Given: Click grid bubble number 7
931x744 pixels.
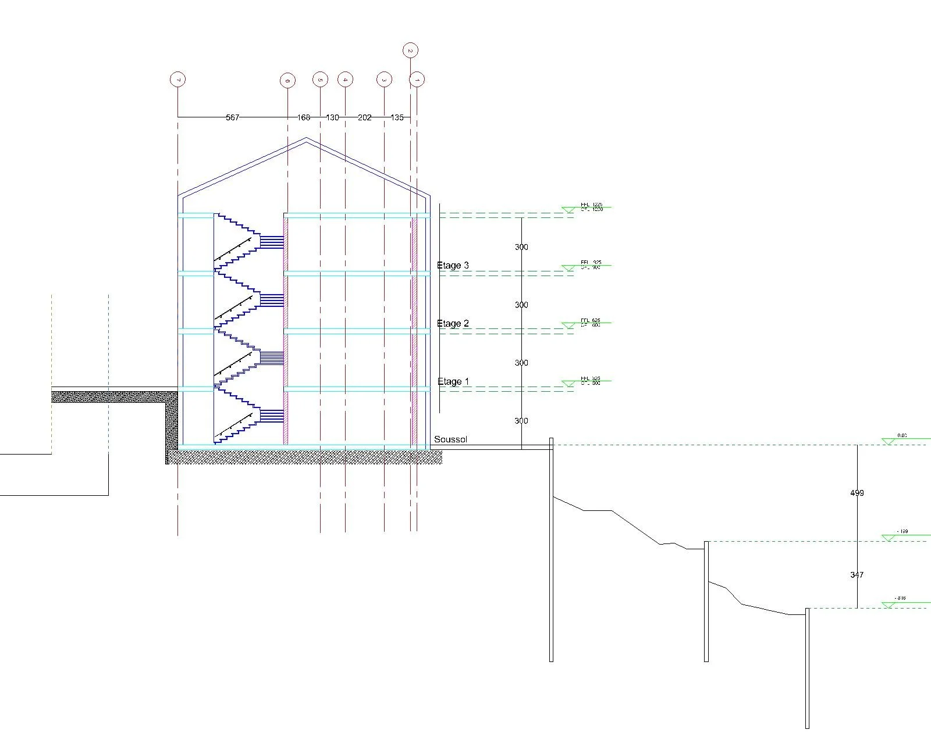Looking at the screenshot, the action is [x=177, y=80].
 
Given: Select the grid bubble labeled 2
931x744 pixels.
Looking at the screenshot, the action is [x=410, y=51].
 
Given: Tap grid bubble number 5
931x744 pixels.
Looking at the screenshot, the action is [x=320, y=80].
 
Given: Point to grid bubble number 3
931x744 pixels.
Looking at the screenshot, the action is [x=384, y=80].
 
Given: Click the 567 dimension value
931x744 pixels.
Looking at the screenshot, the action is [x=232, y=117].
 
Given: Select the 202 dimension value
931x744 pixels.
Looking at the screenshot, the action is [x=364, y=117].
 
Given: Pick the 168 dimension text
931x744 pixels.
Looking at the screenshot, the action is [x=304, y=117].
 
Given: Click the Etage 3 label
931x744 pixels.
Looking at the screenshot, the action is [x=453, y=266].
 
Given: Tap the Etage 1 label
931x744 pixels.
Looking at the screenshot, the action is [x=453, y=382].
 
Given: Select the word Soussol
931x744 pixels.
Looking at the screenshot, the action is [x=450, y=439].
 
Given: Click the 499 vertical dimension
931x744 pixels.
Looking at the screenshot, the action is [x=857, y=493].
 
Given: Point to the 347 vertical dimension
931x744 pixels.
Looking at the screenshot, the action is [x=857, y=575].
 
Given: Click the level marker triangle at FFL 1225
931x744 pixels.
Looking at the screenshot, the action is [x=568, y=210].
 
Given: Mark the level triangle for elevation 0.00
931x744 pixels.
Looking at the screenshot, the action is [x=888, y=442].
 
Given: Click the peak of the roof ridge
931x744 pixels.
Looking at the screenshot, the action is [x=307, y=138].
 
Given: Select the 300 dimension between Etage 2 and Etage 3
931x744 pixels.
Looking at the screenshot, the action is [x=521, y=305].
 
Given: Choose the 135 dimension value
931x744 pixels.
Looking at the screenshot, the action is [x=397, y=117].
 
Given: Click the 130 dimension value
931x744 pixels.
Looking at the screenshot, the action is [x=332, y=117].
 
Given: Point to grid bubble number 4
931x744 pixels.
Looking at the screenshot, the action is [x=346, y=80].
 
